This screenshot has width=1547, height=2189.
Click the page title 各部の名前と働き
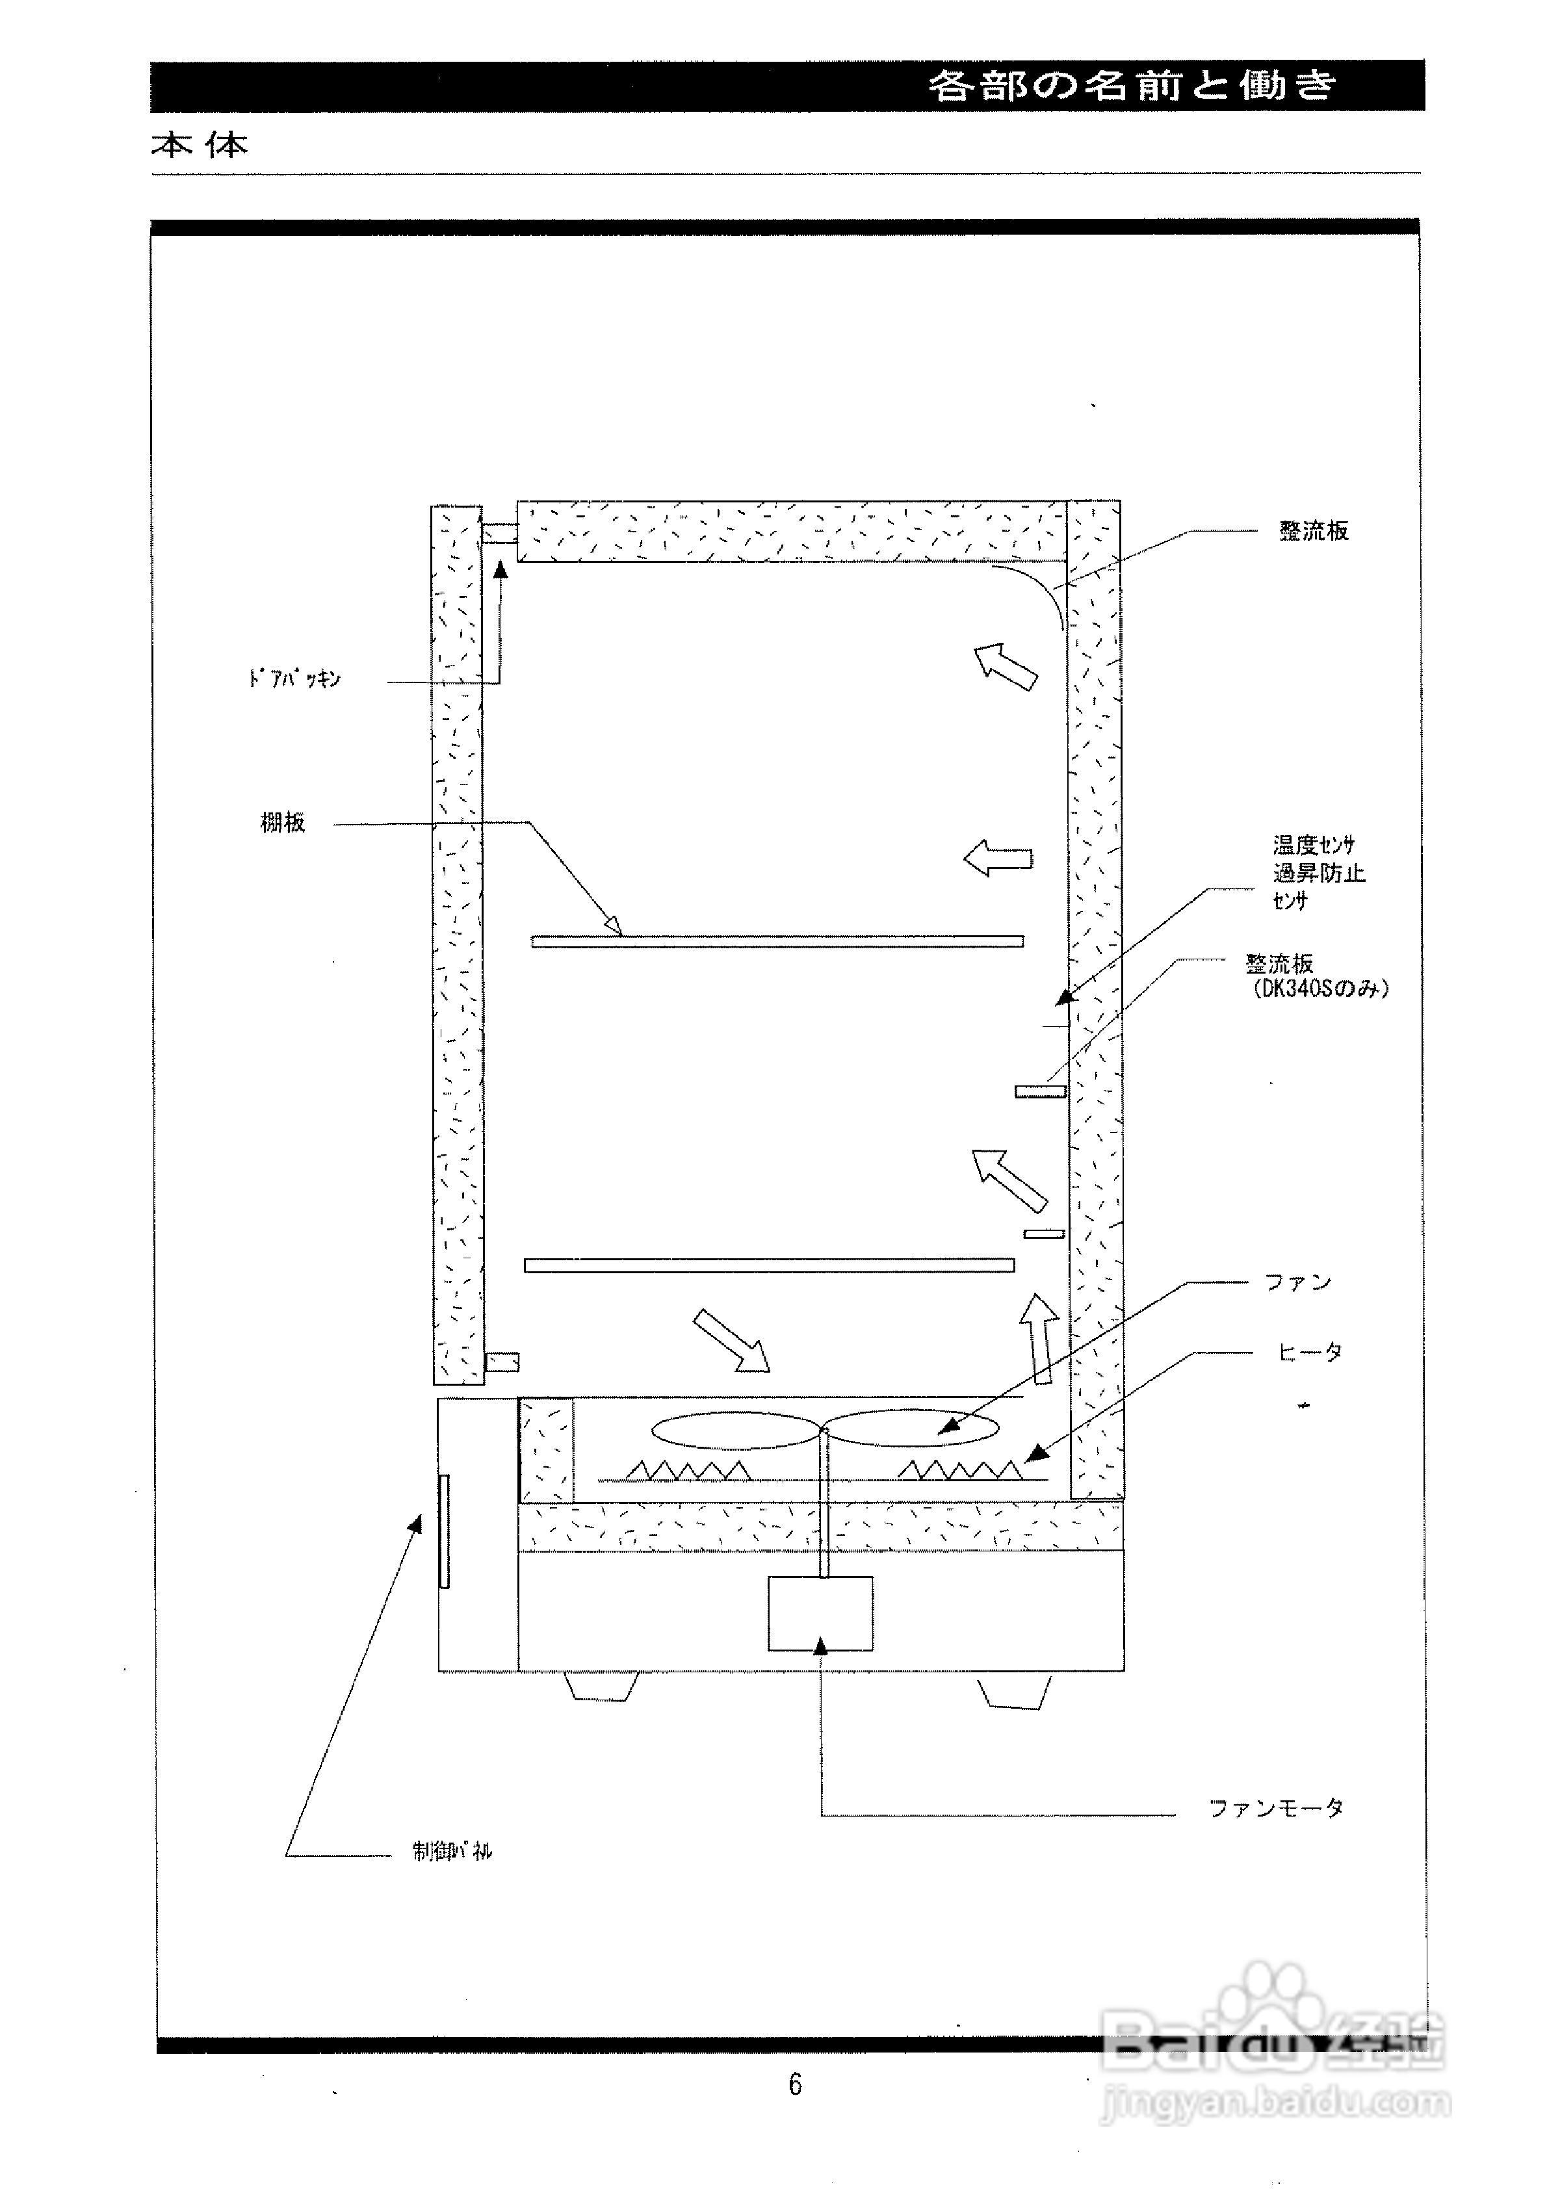pyautogui.click(x=1132, y=86)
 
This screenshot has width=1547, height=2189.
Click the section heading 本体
pyautogui.click(x=200, y=145)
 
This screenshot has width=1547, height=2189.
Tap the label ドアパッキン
pyautogui.click(x=294, y=680)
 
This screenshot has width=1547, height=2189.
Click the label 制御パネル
pyautogui.click(x=452, y=1850)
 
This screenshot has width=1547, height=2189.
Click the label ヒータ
pyautogui.click(x=1310, y=1352)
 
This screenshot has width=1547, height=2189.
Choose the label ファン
pyautogui.click(x=1297, y=1282)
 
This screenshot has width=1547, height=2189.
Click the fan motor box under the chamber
pyautogui.click(x=820, y=1613)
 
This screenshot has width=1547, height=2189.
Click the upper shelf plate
pyautogui.click(x=777, y=941)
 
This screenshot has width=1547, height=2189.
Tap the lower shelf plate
pyautogui.click(x=769, y=1265)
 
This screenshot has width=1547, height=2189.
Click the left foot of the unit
pyautogui.click(x=601, y=1685)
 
